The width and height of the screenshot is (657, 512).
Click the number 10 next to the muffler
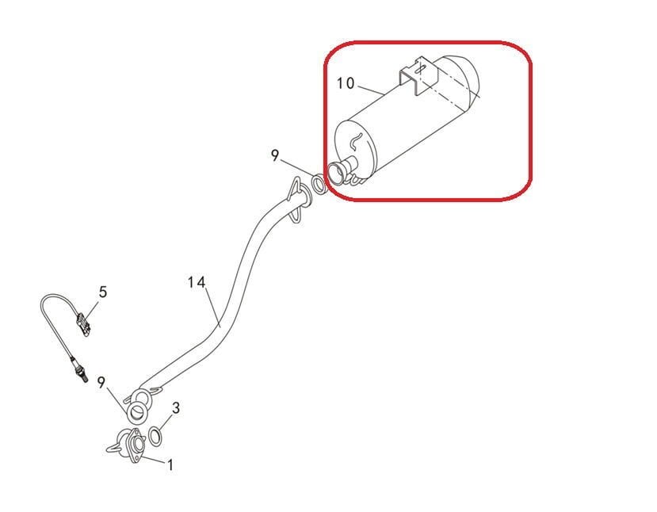coord(346,83)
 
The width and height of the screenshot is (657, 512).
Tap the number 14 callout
coord(197,282)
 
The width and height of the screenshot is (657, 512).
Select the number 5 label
coord(103,292)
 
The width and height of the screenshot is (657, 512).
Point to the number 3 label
coord(176,407)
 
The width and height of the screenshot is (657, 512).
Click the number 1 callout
coord(170,464)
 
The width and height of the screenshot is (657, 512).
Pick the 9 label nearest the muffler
coord(274,156)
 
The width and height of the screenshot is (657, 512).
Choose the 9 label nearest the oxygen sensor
coord(101,382)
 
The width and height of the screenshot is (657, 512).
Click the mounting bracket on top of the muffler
coord(418,77)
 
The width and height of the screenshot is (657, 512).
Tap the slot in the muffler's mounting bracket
coord(421,68)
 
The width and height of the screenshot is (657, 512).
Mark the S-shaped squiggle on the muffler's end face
coord(356,141)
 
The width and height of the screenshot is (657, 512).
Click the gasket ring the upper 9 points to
coord(319,185)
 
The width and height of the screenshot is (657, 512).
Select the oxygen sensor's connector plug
coord(83,323)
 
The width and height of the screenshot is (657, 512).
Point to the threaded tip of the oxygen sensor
coord(85,379)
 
